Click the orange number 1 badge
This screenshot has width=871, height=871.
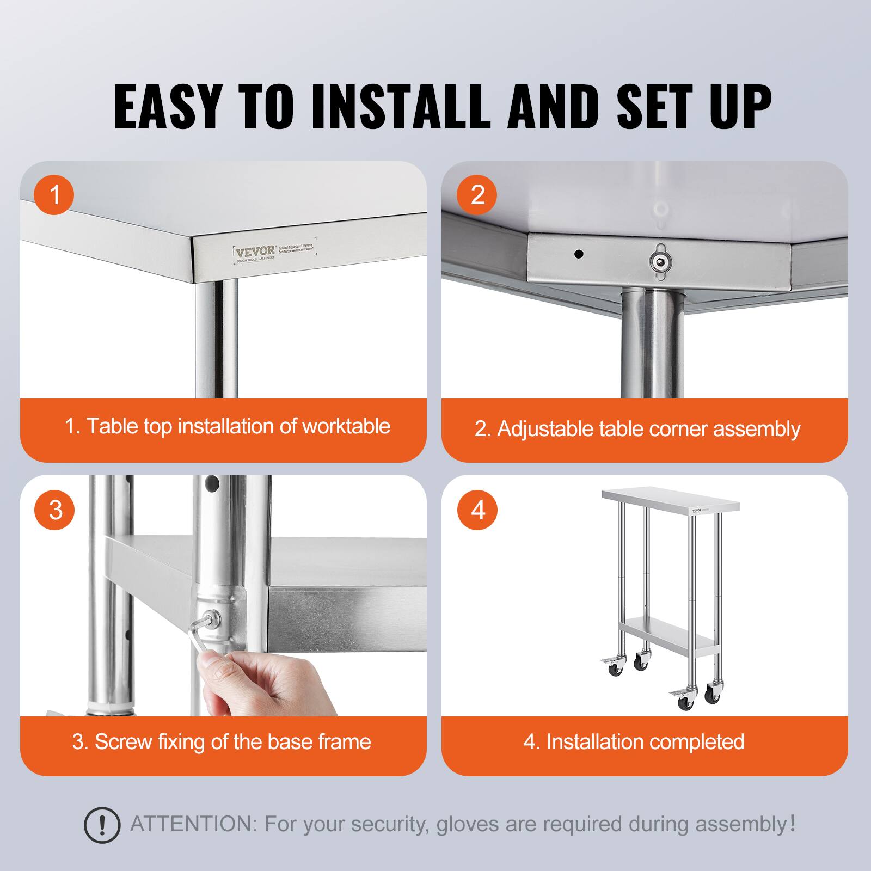(x=54, y=194)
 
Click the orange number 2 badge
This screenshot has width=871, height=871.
(x=477, y=194)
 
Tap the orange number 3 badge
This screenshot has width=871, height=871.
(x=54, y=510)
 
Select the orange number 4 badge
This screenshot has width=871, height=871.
(x=477, y=510)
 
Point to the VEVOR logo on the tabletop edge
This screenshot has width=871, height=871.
(x=255, y=251)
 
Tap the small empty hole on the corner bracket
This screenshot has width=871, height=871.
(x=580, y=254)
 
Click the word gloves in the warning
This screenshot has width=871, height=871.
(x=467, y=824)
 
